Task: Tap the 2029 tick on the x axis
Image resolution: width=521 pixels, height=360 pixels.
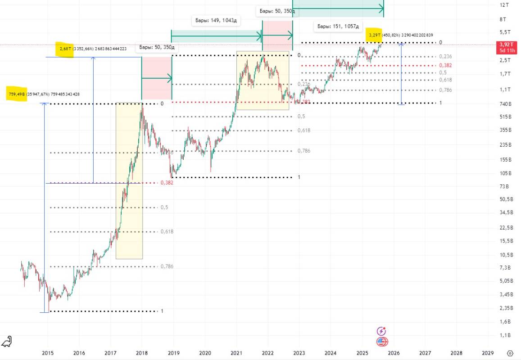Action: point(487,353)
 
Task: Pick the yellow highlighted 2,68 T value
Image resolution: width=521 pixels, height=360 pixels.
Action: point(64,49)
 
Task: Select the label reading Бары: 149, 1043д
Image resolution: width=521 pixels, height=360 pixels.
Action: point(216,21)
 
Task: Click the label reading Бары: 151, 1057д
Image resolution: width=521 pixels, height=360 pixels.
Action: point(338,27)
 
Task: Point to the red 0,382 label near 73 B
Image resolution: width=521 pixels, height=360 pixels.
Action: point(166,183)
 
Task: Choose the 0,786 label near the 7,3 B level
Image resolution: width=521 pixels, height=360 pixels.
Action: point(167,266)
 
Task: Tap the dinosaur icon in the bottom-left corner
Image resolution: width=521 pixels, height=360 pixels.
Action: point(7,342)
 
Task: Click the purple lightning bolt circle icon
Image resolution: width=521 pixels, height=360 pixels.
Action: point(381,331)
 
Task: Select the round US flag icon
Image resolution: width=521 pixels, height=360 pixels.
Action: point(382,342)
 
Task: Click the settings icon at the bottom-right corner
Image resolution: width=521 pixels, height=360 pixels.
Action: point(510,353)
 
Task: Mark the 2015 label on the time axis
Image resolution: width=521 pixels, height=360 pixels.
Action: point(48,353)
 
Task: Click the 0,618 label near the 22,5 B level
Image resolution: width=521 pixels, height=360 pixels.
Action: point(167,231)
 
